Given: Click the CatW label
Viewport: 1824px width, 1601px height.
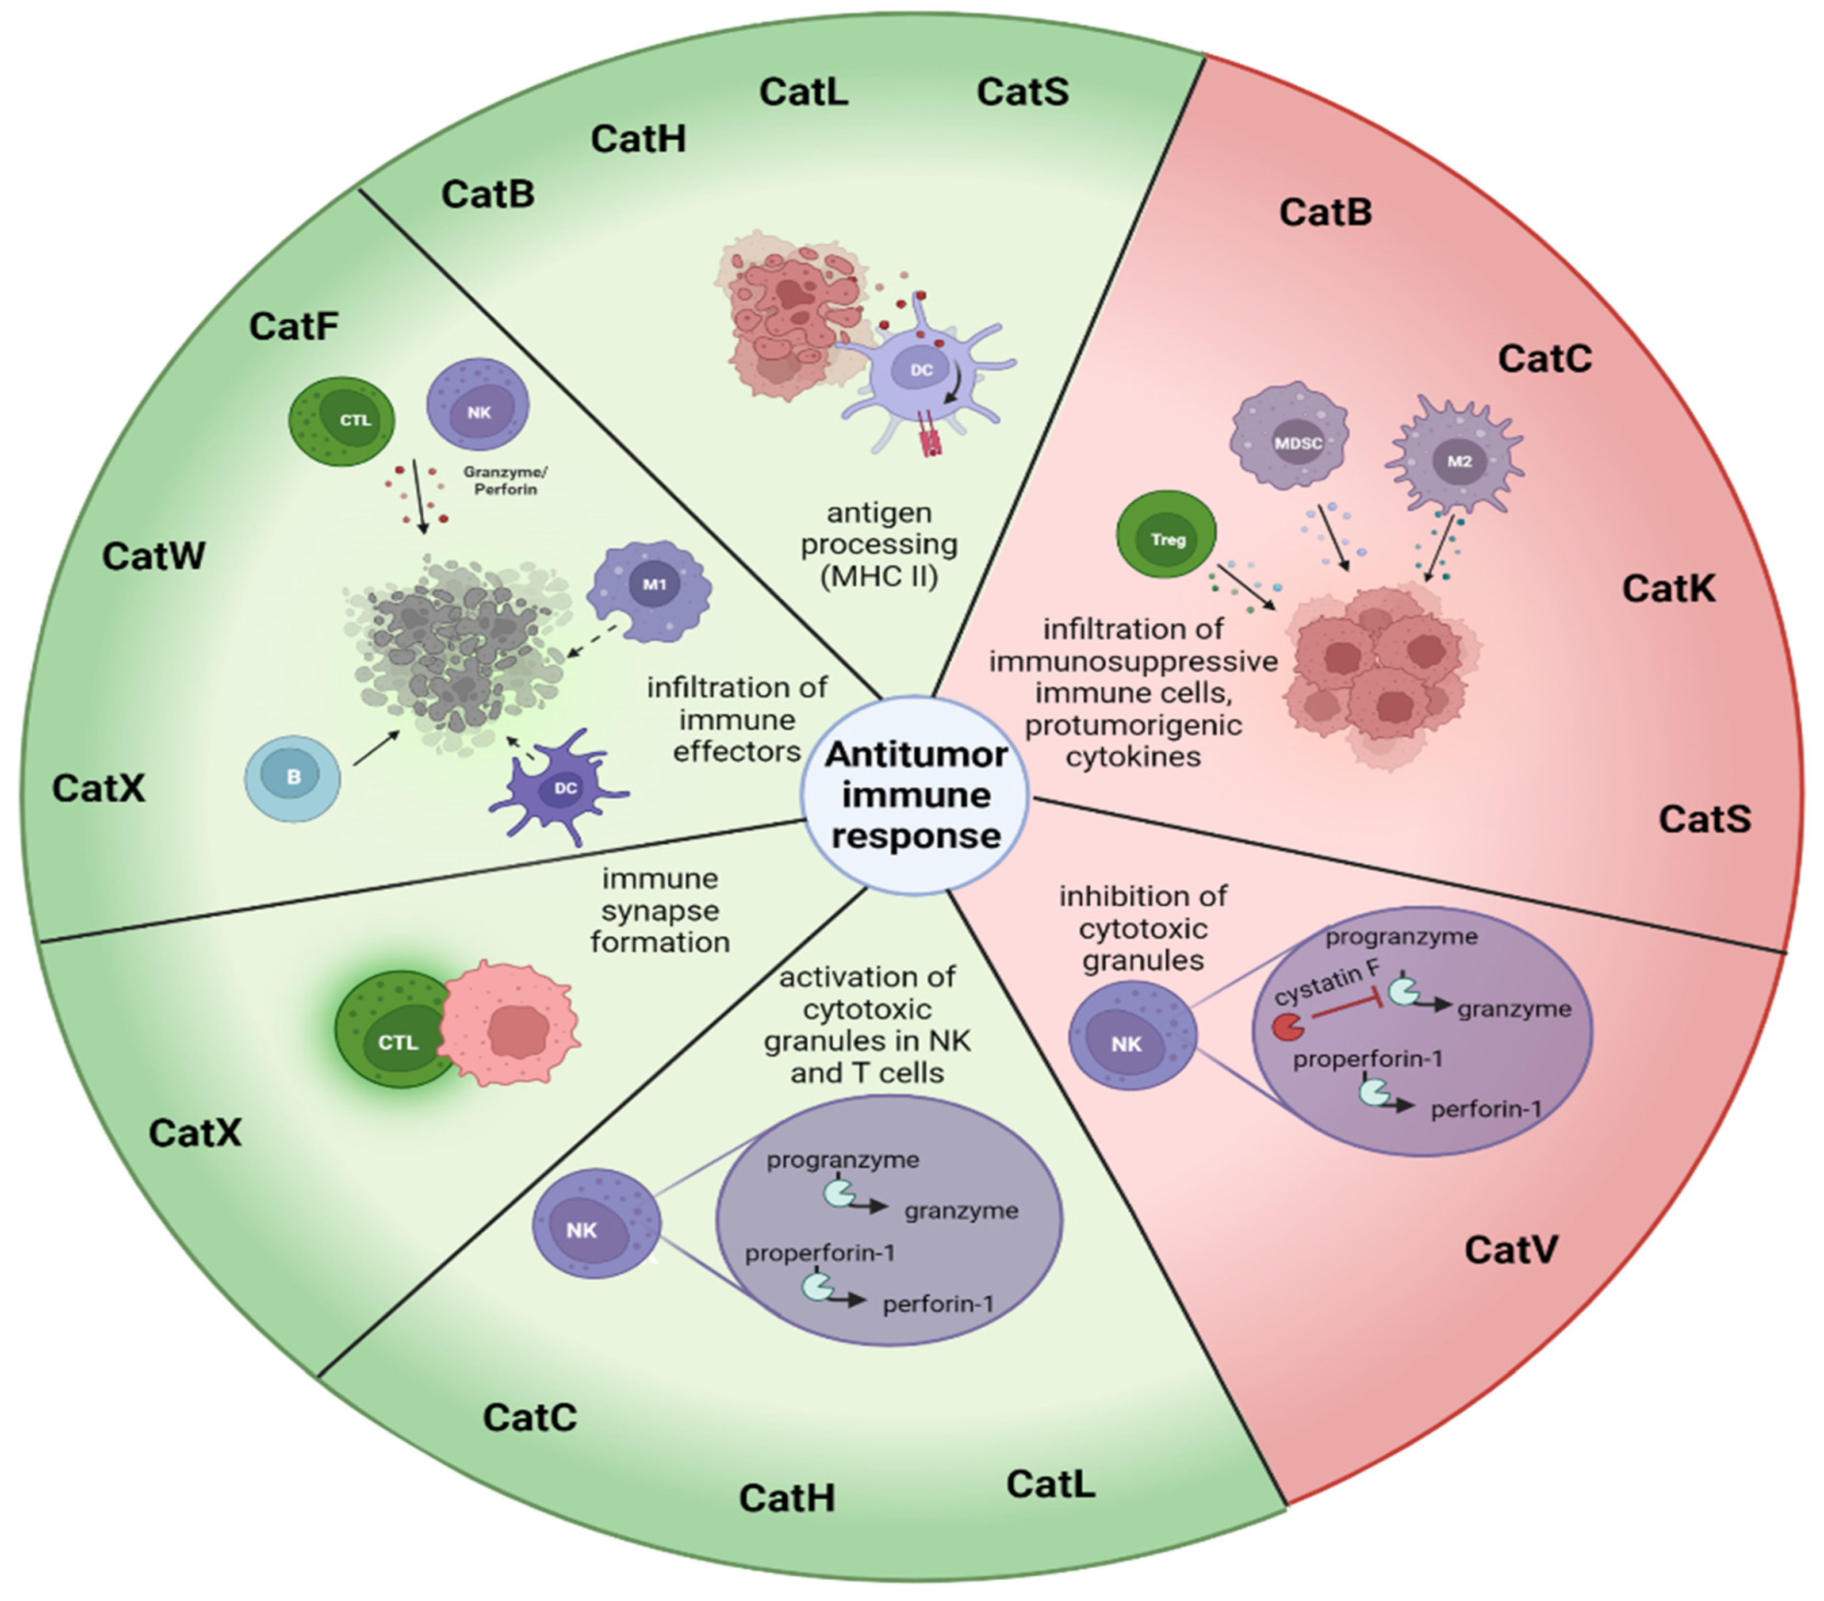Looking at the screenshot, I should pos(154,556).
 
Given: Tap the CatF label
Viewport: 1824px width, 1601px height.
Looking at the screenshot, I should pos(294,327).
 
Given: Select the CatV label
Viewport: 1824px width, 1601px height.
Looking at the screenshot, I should pos(1510,1250).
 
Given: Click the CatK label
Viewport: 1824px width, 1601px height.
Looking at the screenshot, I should pos(1667,589).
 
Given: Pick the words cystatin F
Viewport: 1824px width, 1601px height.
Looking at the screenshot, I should pos(1326,982).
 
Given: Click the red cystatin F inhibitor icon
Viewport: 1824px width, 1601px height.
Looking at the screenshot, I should pos(1287,1027).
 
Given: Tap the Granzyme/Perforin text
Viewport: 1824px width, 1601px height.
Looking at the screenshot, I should pos(505,480).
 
